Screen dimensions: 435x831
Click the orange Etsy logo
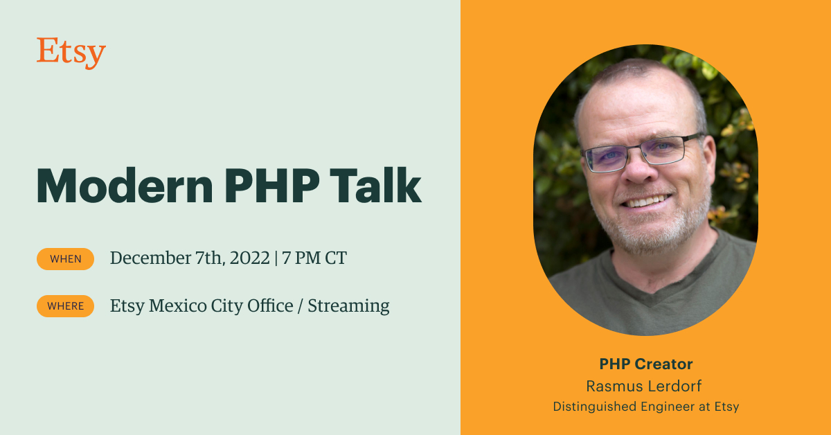71,53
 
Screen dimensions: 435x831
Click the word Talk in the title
382,185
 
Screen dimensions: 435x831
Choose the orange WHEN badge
65,259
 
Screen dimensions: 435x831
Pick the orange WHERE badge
65,305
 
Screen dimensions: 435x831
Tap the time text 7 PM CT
314,258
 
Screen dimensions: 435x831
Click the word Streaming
348,305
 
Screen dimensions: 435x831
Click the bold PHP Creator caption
645,364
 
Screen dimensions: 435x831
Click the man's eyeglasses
641,150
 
